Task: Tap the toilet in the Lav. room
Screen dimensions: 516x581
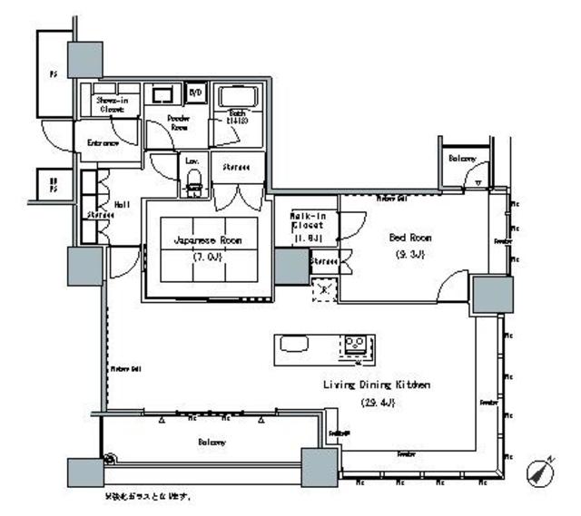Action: pyautogui.click(x=192, y=185)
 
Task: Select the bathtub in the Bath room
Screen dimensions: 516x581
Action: pyautogui.click(x=238, y=97)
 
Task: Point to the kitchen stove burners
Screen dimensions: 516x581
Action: pyautogui.click(x=354, y=345)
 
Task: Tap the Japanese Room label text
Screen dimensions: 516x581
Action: pyautogui.click(x=207, y=240)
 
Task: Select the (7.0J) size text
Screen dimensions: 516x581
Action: pyautogui.click(x=207, y=256)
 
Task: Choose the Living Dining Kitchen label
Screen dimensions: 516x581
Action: pyautogui.click(x=376, y=385)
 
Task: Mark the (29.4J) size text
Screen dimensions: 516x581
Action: pyautogui.click(x=376, y=402)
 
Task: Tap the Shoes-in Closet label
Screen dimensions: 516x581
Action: pyautogui.click(x=112, y=104)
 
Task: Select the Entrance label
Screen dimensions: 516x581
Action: pyautogui.click(x=103, y=143)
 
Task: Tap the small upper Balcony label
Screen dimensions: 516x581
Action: pyautogui.click(x=462, y=159)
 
